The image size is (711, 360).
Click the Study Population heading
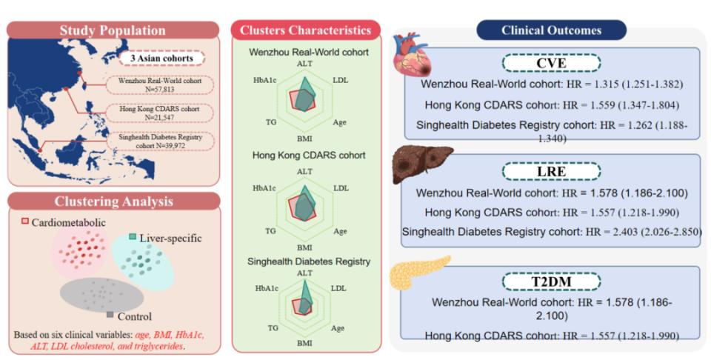pos(113,30)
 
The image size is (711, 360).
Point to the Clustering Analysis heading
pos(113,201)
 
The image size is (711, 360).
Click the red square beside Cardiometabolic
pos(24,221)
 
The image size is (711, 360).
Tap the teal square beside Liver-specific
pos(133,237)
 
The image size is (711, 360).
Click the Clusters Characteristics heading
pos(306,30)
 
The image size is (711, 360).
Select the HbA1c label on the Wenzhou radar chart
pos(264,79)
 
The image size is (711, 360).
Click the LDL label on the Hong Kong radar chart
pos(341,188)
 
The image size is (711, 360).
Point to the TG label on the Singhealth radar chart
pos(273,327)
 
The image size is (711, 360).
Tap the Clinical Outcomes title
pos(551,30)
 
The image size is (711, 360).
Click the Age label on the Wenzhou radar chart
pos(340,120)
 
